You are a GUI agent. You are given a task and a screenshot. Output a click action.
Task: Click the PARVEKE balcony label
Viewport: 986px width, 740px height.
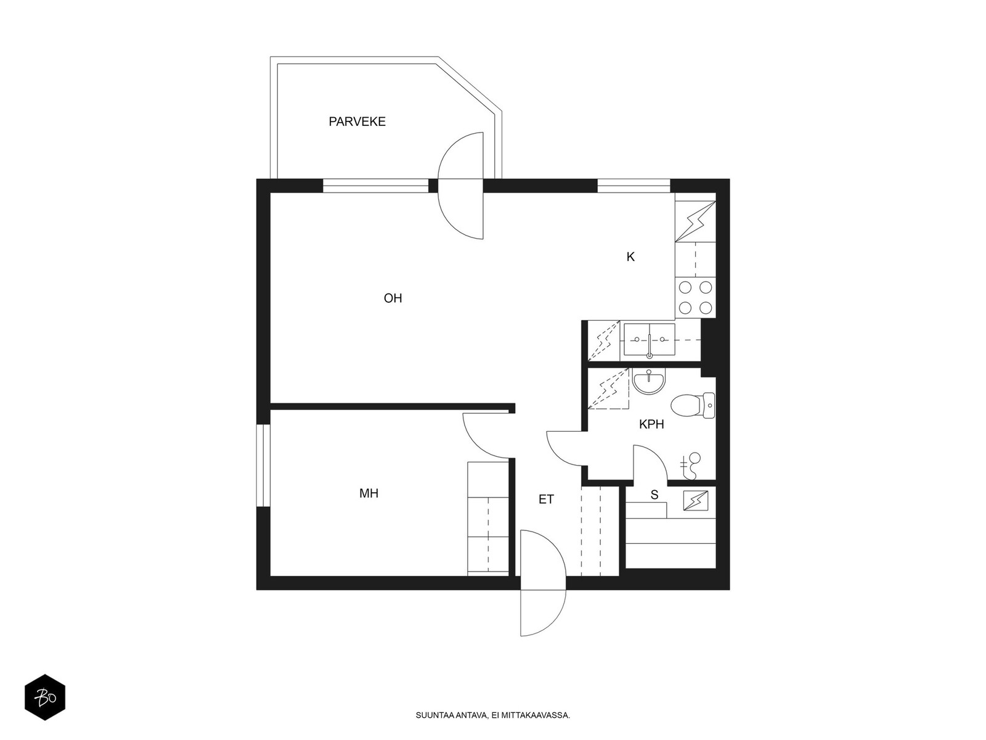point(357,121)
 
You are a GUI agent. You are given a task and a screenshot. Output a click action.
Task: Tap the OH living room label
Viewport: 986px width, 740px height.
point(393,298)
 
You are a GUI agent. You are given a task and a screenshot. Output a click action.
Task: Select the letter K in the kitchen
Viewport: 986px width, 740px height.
point(630,257)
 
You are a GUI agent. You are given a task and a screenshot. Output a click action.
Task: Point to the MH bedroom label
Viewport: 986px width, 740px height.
point(369,493)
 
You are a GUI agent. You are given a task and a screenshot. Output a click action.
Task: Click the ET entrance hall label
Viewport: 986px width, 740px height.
point(546,499)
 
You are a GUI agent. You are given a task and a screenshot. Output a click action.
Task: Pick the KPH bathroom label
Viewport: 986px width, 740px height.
point(651,424)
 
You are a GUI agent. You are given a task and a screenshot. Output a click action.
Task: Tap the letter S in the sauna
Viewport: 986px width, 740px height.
point(654,495)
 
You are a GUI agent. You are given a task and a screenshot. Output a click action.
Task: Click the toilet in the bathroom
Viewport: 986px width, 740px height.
point(693,405)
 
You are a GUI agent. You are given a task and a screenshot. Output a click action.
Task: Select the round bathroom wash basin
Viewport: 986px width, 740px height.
point(649,381)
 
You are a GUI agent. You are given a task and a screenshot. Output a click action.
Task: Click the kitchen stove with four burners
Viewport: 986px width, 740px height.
point(695,297)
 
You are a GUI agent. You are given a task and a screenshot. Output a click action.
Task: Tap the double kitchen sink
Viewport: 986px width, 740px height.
point(649,341)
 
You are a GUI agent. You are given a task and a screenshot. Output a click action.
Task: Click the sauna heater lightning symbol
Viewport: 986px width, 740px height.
point(695,501)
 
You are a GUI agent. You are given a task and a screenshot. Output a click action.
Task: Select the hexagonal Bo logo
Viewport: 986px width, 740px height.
point(45,697)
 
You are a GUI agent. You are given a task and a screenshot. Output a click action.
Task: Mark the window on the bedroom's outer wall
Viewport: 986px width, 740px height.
point(263,466)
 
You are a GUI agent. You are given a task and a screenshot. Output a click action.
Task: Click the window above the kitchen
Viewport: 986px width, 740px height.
point(634,186)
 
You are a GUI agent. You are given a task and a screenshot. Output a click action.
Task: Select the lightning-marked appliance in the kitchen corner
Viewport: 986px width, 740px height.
point(695,221)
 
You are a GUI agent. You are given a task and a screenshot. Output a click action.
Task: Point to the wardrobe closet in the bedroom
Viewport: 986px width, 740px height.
point(488,519)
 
